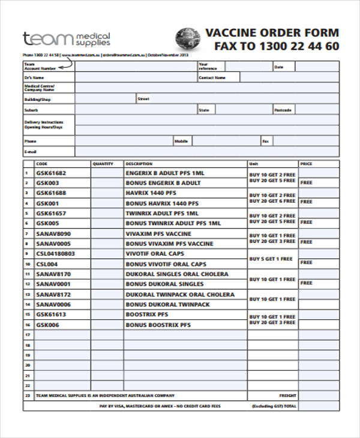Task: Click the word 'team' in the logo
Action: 48,39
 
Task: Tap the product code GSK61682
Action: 51,173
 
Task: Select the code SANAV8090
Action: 53,233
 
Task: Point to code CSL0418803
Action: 56,254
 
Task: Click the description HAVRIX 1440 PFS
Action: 151,193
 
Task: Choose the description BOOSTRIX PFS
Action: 146,314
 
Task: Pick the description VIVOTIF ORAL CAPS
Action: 155,254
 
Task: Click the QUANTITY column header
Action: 103,163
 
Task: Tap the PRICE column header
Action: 306,163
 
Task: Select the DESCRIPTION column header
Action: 139,163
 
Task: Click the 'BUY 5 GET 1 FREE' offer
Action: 272,259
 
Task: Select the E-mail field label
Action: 31,152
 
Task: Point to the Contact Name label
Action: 212,77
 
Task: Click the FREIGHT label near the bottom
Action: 288,395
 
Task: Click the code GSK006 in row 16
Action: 47,325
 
